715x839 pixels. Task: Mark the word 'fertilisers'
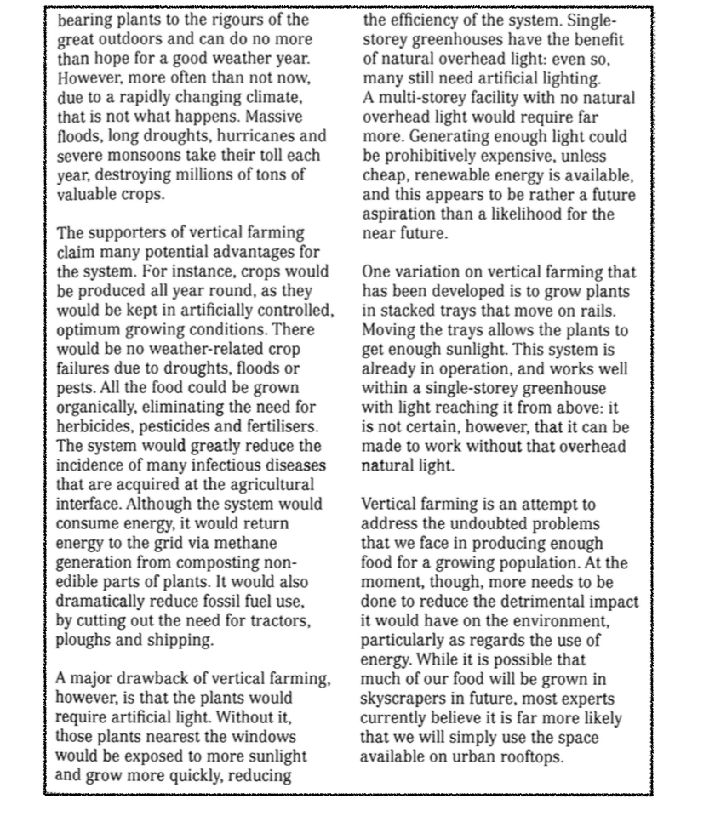click(277, 426)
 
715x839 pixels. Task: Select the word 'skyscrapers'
click(403, 699)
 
